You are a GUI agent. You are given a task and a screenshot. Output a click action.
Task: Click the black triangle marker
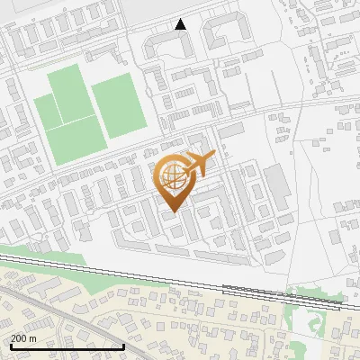point(181,24)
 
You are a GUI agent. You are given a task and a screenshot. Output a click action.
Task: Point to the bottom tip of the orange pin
point(173,212)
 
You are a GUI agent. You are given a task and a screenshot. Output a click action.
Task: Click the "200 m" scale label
point(24,337)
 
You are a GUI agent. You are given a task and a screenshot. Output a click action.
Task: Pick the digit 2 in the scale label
point(13,337)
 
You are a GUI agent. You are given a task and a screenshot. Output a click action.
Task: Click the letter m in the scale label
point(34,337)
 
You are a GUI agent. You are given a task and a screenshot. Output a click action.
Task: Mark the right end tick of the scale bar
point(123,346)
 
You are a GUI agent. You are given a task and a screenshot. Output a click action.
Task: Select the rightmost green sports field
point(119,104)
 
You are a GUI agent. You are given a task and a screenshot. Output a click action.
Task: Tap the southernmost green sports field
point(76,141)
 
